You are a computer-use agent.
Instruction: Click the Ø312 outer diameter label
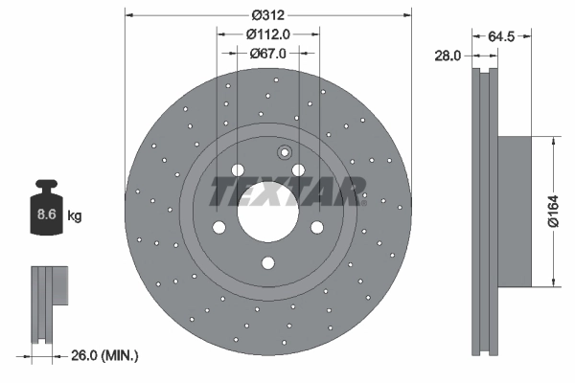(268, 14)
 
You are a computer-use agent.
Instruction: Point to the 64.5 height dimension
(503, 36)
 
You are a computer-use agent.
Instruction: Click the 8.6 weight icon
(45, 212)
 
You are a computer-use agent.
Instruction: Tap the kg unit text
(75, 216)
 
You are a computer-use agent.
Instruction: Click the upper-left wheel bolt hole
(238, 170)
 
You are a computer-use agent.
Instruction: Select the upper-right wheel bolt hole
(299, 170)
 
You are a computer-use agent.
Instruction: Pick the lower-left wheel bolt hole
(218, 227)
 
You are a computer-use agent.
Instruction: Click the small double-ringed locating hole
(284, 152)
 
